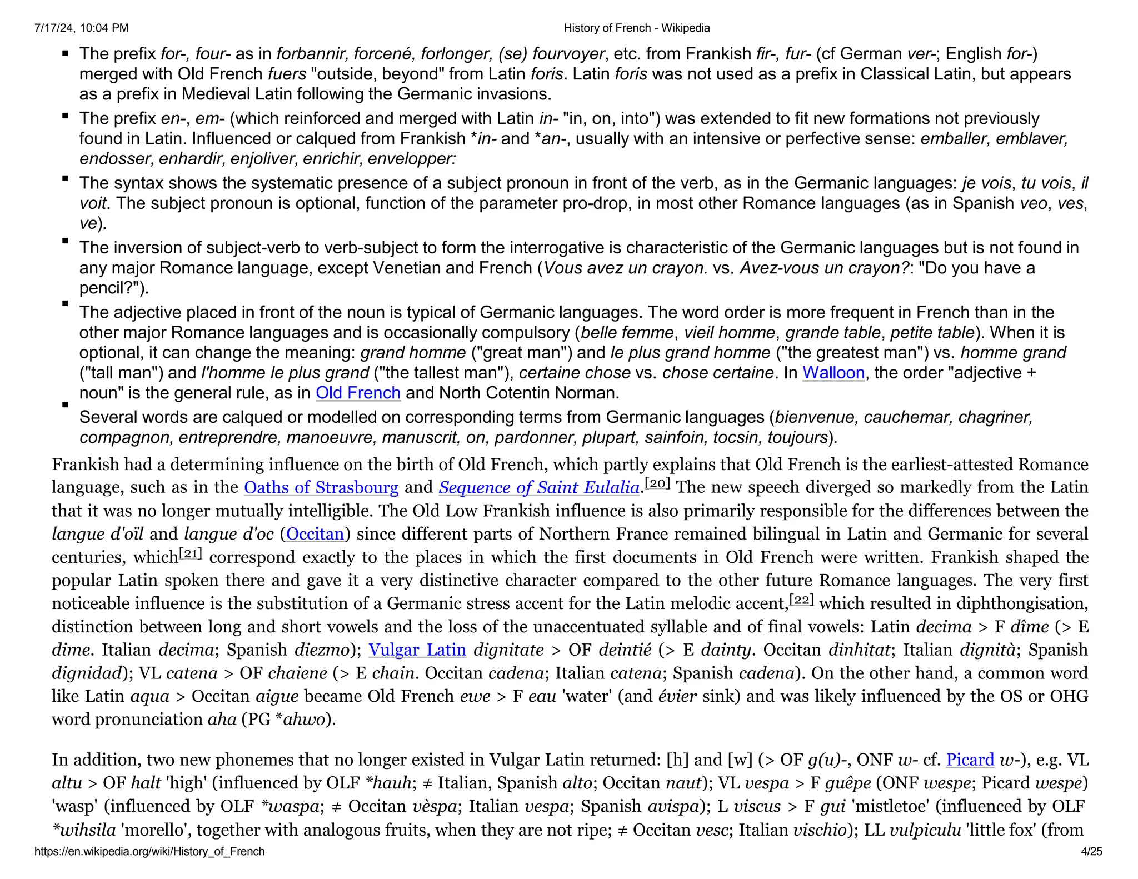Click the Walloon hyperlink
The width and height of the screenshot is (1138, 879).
[833, 372]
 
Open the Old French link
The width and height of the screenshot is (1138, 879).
[358, 393]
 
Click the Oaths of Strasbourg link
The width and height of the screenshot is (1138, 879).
[321, 487]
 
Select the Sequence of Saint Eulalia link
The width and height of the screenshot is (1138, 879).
[538, 487]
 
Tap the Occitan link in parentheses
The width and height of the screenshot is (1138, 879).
[315, 534]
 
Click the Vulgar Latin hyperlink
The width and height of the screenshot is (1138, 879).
[417, 650]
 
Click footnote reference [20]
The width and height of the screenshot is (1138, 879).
[657, 483]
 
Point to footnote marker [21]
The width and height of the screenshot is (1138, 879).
[190, 553]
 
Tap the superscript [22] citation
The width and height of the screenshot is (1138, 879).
[801, 599]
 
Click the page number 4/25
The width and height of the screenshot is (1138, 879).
[1091, 851]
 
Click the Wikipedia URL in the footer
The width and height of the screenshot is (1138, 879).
[149, 851]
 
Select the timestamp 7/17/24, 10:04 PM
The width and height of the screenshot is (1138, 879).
[81, 28]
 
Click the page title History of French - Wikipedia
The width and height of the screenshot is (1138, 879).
[636, 28]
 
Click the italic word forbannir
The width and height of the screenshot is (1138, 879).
[312, 54]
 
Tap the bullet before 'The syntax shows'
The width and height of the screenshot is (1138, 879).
[66, 179]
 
